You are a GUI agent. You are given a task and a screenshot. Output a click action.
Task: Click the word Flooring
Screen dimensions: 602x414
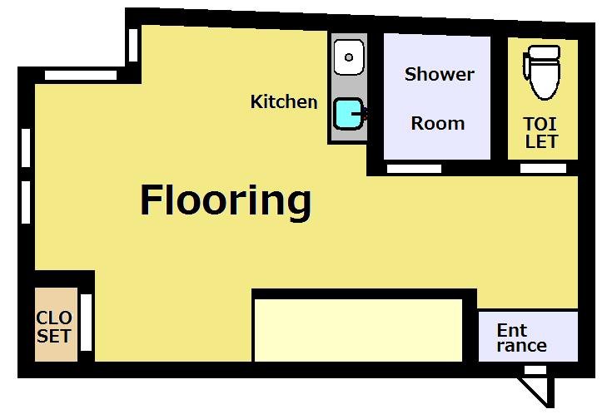point(226,202)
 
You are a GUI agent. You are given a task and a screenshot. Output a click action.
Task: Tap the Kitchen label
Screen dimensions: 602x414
point(284,102)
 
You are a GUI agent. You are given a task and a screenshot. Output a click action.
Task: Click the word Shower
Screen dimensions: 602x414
point(439,74)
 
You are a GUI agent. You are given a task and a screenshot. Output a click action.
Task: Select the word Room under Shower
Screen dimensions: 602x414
point(438,123)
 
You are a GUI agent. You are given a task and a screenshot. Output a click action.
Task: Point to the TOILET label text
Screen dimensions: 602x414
point(540,133)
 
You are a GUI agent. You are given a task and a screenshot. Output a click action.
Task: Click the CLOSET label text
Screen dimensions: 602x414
point(54,327)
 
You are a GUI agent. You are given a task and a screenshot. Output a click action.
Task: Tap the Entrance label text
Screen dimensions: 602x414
point(521,338)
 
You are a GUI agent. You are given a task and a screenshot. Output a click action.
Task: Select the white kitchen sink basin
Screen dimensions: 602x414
point(349,57)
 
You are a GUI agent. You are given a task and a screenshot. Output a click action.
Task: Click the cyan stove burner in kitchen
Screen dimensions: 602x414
point(348,114)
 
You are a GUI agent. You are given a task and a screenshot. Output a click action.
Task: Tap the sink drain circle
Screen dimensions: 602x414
point(349,57)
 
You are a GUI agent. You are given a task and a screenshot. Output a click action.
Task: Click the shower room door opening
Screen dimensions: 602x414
point(414,168)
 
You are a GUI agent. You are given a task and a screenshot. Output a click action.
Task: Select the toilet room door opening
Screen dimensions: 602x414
point(543,168)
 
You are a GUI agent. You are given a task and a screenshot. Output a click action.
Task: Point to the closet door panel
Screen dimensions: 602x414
point(86,323)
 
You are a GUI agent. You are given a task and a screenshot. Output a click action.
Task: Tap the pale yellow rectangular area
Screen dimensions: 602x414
point(358,330)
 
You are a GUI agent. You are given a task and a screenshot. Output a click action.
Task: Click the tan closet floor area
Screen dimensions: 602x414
point(56,324)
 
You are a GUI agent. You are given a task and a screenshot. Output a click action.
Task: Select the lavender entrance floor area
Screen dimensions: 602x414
point(528,336)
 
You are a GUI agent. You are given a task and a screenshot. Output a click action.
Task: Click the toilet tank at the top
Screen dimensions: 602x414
point(543,53)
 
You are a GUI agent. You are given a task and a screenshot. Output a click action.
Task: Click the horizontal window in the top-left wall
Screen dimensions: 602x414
point(81,75)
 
